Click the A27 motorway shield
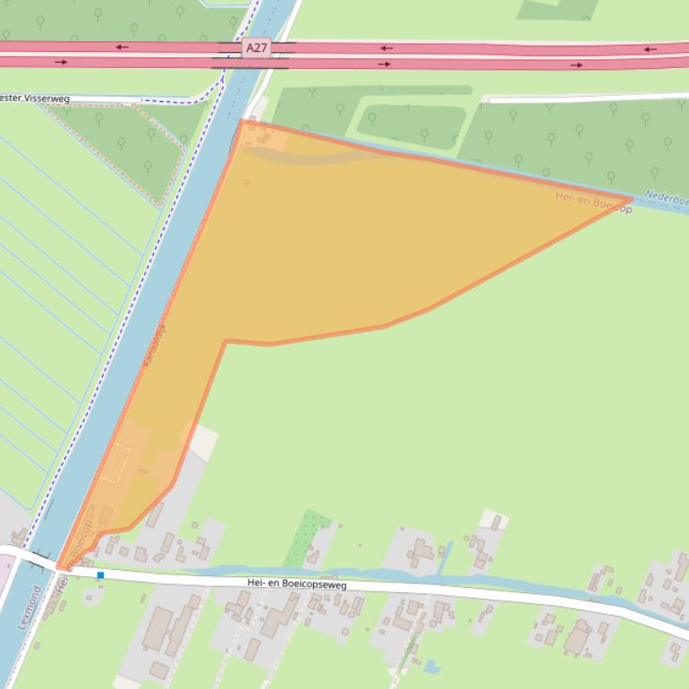257,47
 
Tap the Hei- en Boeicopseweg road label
296,584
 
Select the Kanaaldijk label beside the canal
155,348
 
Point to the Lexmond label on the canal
26,609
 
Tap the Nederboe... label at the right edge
666,199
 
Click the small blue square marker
100,574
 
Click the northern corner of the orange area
242,121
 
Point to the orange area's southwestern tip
58,567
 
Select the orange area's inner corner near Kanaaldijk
226,341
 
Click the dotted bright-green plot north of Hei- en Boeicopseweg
308,538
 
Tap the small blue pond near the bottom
432,666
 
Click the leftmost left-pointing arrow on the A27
122,47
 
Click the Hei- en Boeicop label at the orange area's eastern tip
593,203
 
